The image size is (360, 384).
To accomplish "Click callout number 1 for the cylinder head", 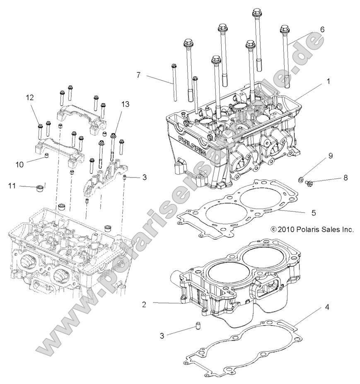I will click(x=328, y=82).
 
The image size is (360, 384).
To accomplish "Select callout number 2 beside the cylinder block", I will click(x=144, y=304).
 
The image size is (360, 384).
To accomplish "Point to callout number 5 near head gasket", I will click(x=314, y=213).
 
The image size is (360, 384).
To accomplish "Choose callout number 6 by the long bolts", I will click(x=322, y=30).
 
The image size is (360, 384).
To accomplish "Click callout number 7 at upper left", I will click(x=138, y=75).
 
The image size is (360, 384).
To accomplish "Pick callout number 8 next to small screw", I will click(x=346, y=178).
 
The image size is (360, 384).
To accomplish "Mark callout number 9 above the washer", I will click(x=330, y=156).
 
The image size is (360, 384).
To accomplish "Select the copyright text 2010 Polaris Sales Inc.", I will click(x=312, y=229).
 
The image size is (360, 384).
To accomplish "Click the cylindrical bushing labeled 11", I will click(x=39, y=188).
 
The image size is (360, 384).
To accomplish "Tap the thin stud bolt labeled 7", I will click(x=175, y=83).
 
